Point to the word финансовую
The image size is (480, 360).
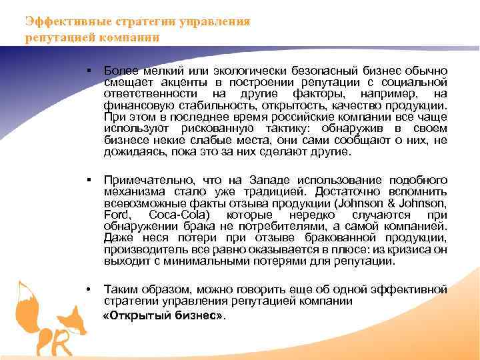[130, 105]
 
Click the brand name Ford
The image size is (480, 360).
[116, 215]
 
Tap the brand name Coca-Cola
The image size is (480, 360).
[179, 215]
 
